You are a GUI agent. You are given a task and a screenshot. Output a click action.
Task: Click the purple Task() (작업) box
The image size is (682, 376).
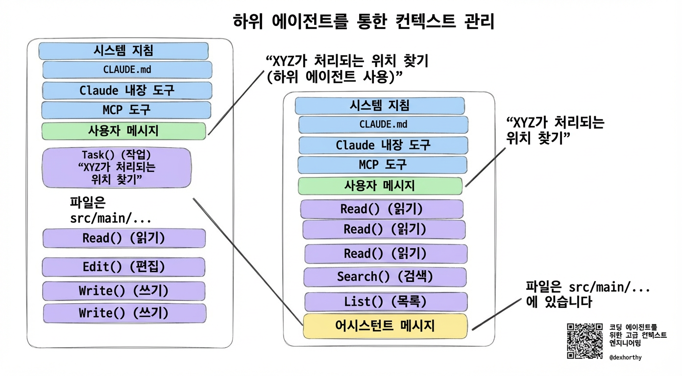[x=117, y=168]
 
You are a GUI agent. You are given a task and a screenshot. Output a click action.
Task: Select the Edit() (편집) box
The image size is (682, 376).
[x=123, y=267]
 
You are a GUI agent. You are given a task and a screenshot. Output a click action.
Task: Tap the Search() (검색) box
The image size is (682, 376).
[x=385, y=277]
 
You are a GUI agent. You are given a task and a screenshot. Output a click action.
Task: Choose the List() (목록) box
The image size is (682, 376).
[x=386, y=302]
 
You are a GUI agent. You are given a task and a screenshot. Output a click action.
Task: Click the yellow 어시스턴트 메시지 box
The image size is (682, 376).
[x=385, y=326]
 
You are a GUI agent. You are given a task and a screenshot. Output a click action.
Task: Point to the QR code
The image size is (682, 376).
[x=585, y=341]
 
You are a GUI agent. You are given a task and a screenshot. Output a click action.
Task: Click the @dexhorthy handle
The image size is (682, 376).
[x=625, y=357]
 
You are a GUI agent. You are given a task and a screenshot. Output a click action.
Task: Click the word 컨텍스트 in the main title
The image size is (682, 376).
[x=420, y=22]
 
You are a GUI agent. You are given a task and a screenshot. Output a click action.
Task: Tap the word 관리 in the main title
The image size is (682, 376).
[x=478, y=22]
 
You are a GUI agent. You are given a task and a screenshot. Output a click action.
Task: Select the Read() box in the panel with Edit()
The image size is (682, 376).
[x=123, y=238]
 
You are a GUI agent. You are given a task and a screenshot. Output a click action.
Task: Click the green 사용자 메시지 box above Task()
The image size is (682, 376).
[x=123, y=131]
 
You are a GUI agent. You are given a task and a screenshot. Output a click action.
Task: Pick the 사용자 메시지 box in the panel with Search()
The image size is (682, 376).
[x=380, y=186]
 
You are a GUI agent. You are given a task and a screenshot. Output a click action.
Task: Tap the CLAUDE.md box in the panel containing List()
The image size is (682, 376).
[x=383, y=124]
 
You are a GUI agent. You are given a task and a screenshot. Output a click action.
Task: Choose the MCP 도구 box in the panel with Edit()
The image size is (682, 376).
[x=126, y=110]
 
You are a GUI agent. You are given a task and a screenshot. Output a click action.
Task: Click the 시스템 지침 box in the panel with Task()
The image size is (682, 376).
[x=123, y=51]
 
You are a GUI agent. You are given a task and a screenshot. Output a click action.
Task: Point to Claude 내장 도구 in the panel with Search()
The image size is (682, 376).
[x=383, y=145]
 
